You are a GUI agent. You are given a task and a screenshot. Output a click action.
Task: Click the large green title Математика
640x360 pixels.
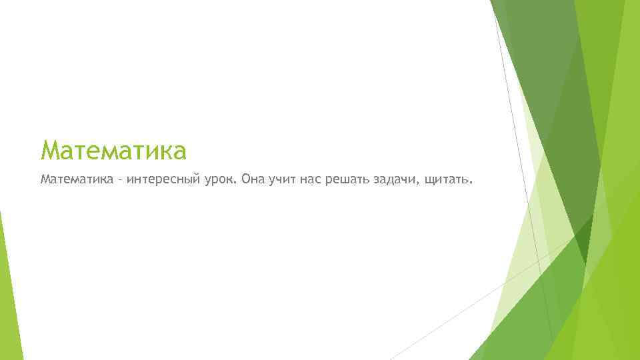pyautogui.click(x=113, y=151)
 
